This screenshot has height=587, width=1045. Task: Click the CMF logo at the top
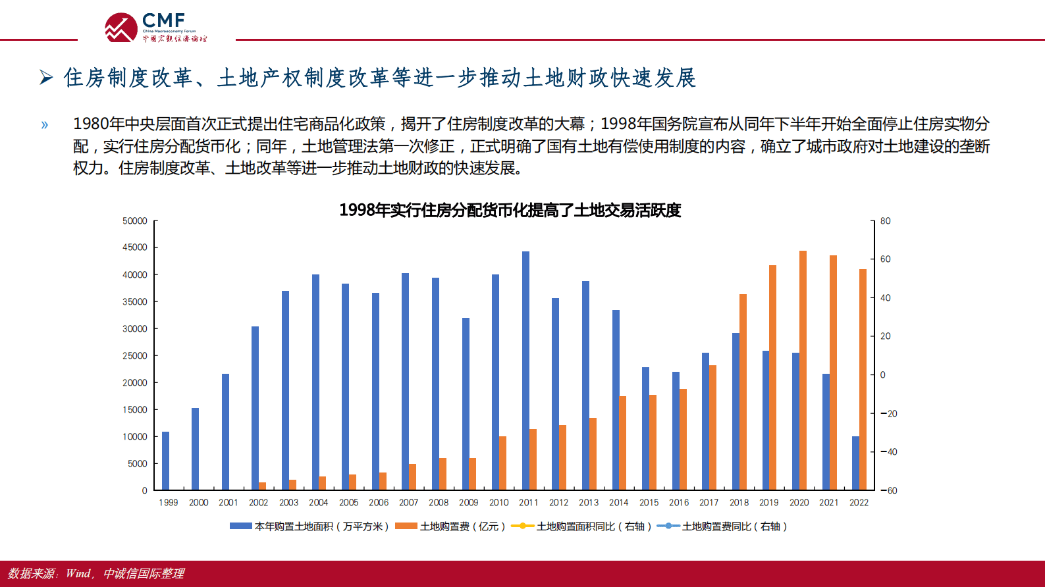(156, 28)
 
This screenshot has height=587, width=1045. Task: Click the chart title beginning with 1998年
(510, 210)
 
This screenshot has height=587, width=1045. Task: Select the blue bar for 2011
(525, 370)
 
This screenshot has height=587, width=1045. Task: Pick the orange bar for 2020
(803, 370)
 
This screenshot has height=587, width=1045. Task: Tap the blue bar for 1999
(165, 461)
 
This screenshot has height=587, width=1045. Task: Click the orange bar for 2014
(622, 443)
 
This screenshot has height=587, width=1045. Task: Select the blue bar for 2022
(855, 463)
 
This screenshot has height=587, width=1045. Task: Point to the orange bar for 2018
(743, 392)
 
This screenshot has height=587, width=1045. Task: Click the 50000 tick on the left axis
(135, 221)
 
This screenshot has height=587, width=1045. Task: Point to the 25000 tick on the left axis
(135, 356)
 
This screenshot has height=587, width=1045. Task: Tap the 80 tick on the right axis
(886, 221)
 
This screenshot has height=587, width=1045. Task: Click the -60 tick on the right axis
(889, 491)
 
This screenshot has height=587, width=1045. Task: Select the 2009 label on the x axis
(468, 503)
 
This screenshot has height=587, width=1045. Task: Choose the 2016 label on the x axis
(679, 503)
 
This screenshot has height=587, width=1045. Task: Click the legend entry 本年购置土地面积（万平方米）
(309, 526)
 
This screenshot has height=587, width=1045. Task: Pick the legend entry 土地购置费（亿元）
(452, 526)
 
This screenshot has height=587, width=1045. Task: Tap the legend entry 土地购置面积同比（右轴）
(583, 526)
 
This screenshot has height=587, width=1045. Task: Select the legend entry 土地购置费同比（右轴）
(723, 526)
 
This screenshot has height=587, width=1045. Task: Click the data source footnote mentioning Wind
(95, 574)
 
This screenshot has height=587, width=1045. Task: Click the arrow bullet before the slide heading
(46, 78)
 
